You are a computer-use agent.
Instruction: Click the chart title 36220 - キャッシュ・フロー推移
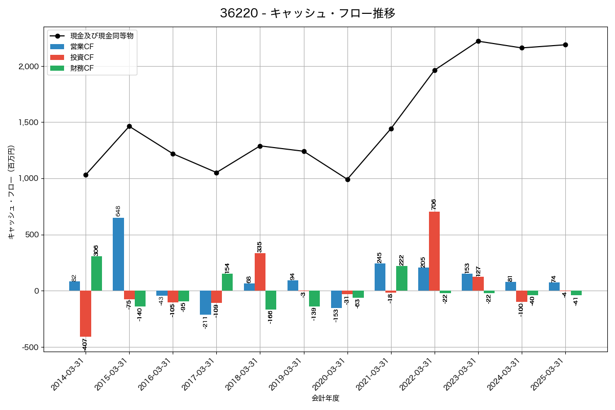[307, 13]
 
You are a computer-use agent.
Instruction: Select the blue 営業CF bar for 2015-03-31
[118, 254]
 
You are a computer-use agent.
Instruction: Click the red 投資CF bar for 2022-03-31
[434, 251]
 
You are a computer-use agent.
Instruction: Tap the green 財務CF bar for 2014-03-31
[96, 274]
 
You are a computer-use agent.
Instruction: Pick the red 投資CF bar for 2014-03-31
[86, 314]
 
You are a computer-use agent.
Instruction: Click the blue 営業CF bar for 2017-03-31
[206, 302]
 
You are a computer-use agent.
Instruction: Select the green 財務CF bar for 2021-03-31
[401, 278]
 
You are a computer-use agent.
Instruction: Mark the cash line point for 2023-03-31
[478, 41]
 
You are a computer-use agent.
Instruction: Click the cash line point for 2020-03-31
[347, 179]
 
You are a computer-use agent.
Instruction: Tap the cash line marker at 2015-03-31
[129, 126]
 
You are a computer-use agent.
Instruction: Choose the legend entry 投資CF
[82, 57]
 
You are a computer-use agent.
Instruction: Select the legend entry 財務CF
[82, 68]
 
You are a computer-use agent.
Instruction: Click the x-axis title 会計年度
[325, 398]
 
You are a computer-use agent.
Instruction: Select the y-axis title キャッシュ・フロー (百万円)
[11, 192]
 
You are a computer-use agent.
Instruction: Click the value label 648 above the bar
[118, 211]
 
